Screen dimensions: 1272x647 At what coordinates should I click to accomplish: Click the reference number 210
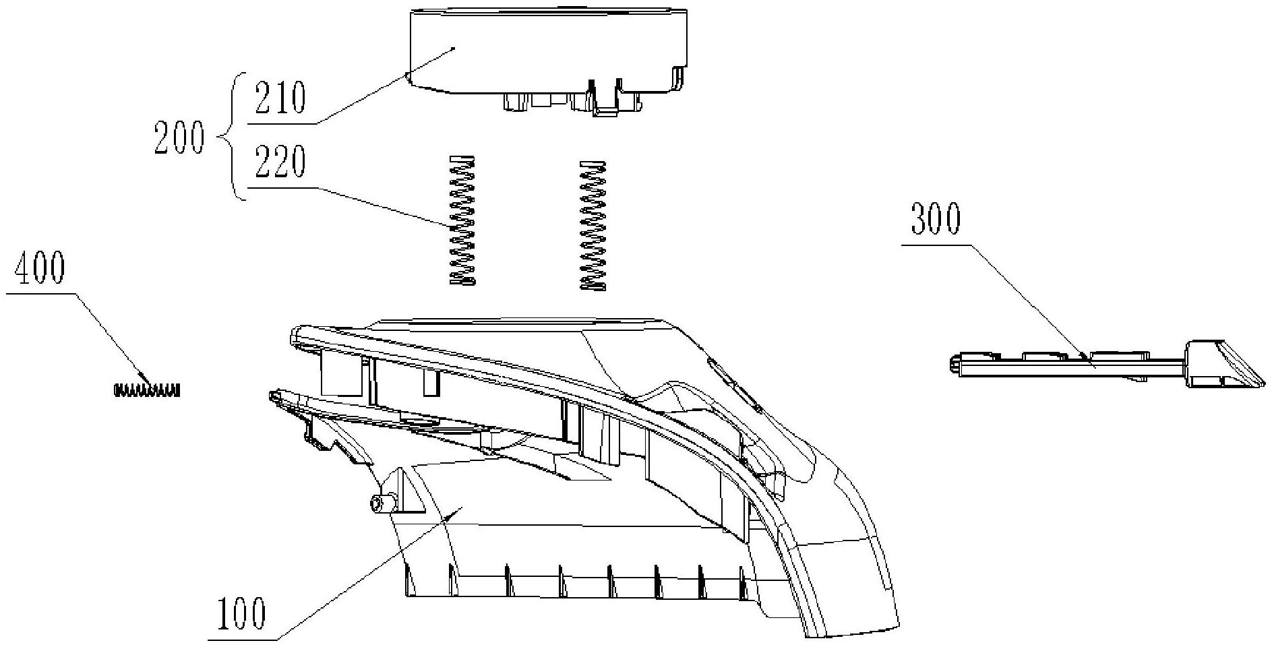pyautogui.click(x=279, y=98)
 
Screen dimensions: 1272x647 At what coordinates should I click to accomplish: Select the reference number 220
pyautogui.click(x=279, y=162)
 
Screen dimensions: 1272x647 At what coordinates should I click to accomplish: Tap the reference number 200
pyautogui.click(x=178, y=138)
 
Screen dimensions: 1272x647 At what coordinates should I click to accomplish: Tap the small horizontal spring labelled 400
pyautogui.click(x=146, y=390)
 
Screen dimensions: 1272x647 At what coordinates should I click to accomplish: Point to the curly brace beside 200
pyautogui.click(x=229, y=138)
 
